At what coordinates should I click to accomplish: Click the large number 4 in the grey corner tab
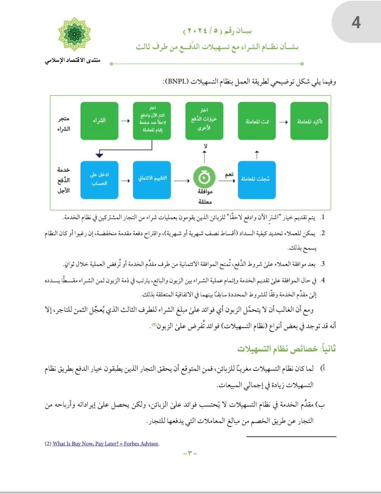(356, 23)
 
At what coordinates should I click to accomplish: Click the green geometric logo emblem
(74, 34)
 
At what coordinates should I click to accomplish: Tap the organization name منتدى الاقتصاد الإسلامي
(73, 60)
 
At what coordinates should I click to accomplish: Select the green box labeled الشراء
(99, 121)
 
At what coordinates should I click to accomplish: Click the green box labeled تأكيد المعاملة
(309, 121)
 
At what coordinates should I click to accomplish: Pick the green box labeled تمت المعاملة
(257, 121)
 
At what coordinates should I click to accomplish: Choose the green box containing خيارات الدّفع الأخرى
(204, 121)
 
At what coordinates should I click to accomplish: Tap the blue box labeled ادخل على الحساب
(99, 180)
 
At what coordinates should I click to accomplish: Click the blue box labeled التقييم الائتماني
(152, 180)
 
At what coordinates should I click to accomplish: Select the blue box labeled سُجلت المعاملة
(256, 180)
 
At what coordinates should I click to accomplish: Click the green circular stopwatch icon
(204, 178)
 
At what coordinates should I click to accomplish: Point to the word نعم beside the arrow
(229, 174)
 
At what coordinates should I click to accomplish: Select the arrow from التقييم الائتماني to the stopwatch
(182, 181)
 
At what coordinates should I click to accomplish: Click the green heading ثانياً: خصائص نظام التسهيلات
(286, 349)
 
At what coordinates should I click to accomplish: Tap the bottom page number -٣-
(190, 453)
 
